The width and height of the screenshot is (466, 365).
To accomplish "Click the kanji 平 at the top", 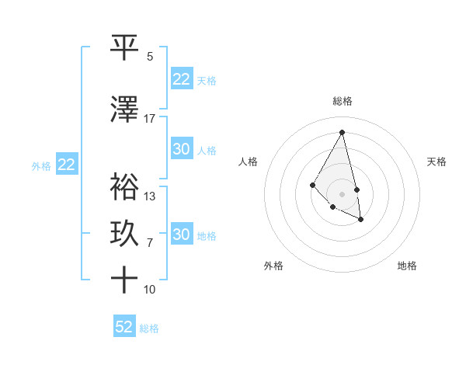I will pos(125,47).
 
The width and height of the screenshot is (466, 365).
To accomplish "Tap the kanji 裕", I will pos(125,187).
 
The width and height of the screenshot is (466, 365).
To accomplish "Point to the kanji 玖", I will pos(125,234).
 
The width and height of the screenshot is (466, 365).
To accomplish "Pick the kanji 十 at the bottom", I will pos(125,279).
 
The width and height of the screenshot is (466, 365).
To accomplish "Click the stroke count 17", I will pos(150,118).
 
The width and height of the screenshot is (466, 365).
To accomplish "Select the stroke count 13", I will pos(150,196).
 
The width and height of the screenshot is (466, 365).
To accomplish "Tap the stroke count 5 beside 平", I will pos(150,56).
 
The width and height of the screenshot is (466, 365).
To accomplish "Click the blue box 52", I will pos(124,327).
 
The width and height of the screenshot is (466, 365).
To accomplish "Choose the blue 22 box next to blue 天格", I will pos(182,79).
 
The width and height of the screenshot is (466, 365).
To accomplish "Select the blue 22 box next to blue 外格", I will pos(67,165).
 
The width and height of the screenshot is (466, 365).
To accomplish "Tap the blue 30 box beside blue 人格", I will pos(182,149).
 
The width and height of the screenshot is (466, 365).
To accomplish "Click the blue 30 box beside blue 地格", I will pos(182,235).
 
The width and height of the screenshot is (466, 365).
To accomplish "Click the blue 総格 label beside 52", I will pos(149,328).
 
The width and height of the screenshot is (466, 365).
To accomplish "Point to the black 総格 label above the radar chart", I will pos(343,101).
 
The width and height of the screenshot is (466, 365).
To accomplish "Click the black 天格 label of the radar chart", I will pos(436,162).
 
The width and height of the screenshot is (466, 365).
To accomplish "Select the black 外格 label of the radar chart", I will pos(273,266).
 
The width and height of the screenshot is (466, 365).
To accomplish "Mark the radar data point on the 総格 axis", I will pos(343,132).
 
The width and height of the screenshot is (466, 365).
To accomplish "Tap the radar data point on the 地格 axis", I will pos(361,220).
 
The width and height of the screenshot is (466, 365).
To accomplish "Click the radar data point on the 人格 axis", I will pos(312,184).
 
